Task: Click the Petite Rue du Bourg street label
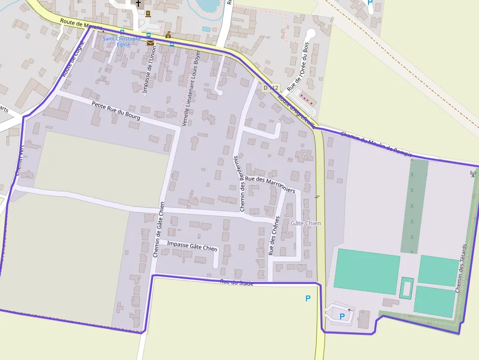tap(116, 111)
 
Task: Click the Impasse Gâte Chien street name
tap(192, 246)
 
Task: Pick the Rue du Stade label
tap(237, 282)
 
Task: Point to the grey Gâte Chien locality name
tap(305, 223)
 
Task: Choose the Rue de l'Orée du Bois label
tap(299, 66)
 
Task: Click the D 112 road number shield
tap(270, 88)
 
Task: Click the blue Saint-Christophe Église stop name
tap(122, 42)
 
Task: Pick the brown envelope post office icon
tap(150, 43)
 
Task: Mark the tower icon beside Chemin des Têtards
tap(473, 173)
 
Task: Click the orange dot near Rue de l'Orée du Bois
tap(307, 100)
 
